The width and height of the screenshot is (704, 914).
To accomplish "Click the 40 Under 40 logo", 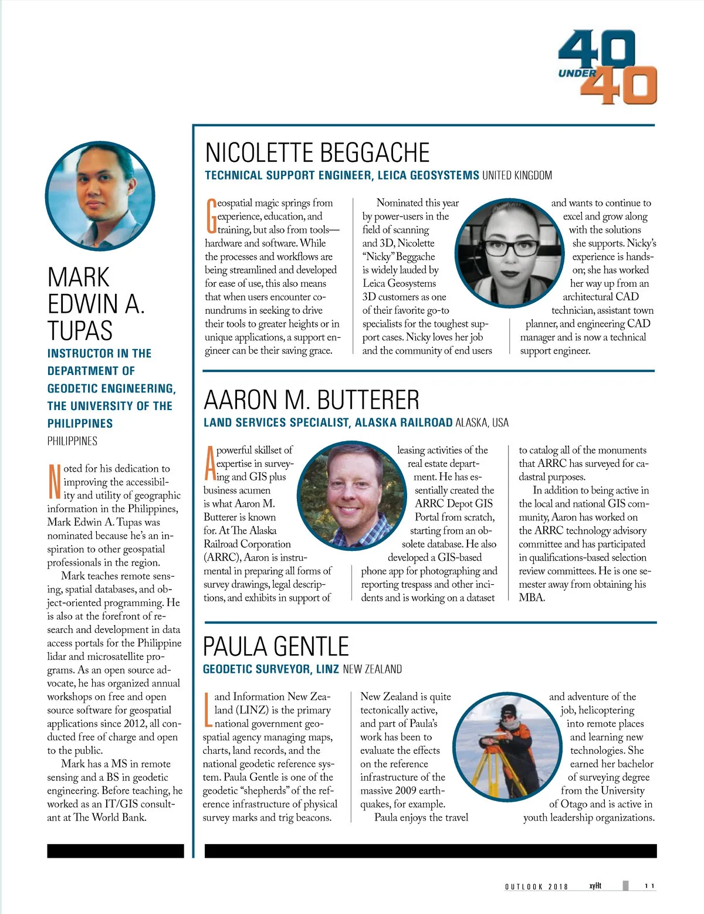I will point(608,67).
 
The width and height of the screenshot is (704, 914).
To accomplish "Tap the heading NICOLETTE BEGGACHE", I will point(317,153).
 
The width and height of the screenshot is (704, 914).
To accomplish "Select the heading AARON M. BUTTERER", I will point(312,400).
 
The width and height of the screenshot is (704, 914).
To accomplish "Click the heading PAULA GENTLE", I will point(276,646).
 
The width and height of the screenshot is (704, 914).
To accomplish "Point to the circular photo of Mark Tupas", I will point(100,196).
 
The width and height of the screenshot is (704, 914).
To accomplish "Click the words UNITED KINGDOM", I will point(517,175).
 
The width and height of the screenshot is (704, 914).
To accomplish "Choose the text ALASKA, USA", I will point(482,422).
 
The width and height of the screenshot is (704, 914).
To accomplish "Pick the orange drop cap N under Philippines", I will point(54,481).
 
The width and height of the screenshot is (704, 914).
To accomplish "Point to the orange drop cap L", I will point(208,709).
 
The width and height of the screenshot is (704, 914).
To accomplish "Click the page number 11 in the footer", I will point(649,886).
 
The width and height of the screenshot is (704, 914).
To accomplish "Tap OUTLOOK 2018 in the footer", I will point(536,886).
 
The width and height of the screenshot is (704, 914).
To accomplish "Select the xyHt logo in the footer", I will point(595,885).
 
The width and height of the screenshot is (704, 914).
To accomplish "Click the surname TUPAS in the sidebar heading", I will point(80,330).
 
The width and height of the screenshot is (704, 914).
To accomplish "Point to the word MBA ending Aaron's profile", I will point(532,598).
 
